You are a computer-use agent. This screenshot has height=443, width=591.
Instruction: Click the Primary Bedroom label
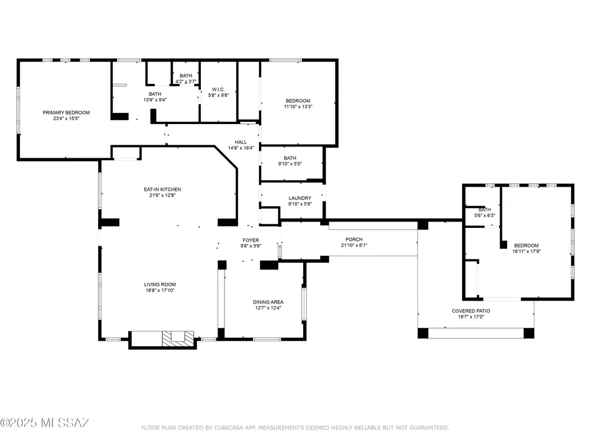pyautogui.click(x=66, y=113)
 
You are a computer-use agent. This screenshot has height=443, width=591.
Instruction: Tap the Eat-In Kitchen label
pyautogui.click(x=163, y=190)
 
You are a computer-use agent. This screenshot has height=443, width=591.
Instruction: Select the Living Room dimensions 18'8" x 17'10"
pyautogui.click(x=160, y=291)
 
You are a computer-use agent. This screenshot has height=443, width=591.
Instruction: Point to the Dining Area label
pyautogui.click(x=268, y=302)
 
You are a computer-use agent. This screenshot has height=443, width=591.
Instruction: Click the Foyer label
pyautogui.click(x=251, y=240)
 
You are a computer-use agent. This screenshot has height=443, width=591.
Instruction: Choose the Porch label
pyautogui.click(x=354, y=240)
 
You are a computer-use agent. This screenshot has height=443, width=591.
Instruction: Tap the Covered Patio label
pyautogui.click(x=471, y=311)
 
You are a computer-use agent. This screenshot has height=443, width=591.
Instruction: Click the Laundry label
pyautogui.click(x=300, y=198)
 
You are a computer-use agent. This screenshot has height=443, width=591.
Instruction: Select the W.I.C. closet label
pyautogui.click(x=218, y=90)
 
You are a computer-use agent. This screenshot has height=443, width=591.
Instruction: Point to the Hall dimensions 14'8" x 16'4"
pyautogui.click(x=241, y=148)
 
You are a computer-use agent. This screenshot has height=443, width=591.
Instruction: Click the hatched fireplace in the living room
pyautogui.click(x=178, y=338)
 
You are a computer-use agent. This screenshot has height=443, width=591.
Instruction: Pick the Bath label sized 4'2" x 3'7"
pyautogui.click(x=186, y=76)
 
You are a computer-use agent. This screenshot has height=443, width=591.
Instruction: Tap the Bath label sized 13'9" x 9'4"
pyautogui.click(x=155, y=94)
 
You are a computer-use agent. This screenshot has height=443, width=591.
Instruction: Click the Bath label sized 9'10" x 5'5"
pyautogui.click(x=290, y=158)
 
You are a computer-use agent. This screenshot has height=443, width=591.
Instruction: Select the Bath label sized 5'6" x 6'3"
pyautogui.click(x=485, y=210)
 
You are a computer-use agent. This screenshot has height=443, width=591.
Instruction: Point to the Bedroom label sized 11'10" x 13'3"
pyautogui.click(x=298, y=101)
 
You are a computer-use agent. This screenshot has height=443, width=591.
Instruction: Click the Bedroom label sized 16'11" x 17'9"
pyautogui.click(x=526, y=246)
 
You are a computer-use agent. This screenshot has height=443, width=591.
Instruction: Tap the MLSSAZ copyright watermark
pyautogui.click(x=44, y=423)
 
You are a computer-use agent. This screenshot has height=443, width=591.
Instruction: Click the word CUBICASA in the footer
pyautogui.click(x=229, y=428)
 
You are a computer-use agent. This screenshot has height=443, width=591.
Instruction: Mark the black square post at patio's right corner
pyautogui.click(x=529, y=333)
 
